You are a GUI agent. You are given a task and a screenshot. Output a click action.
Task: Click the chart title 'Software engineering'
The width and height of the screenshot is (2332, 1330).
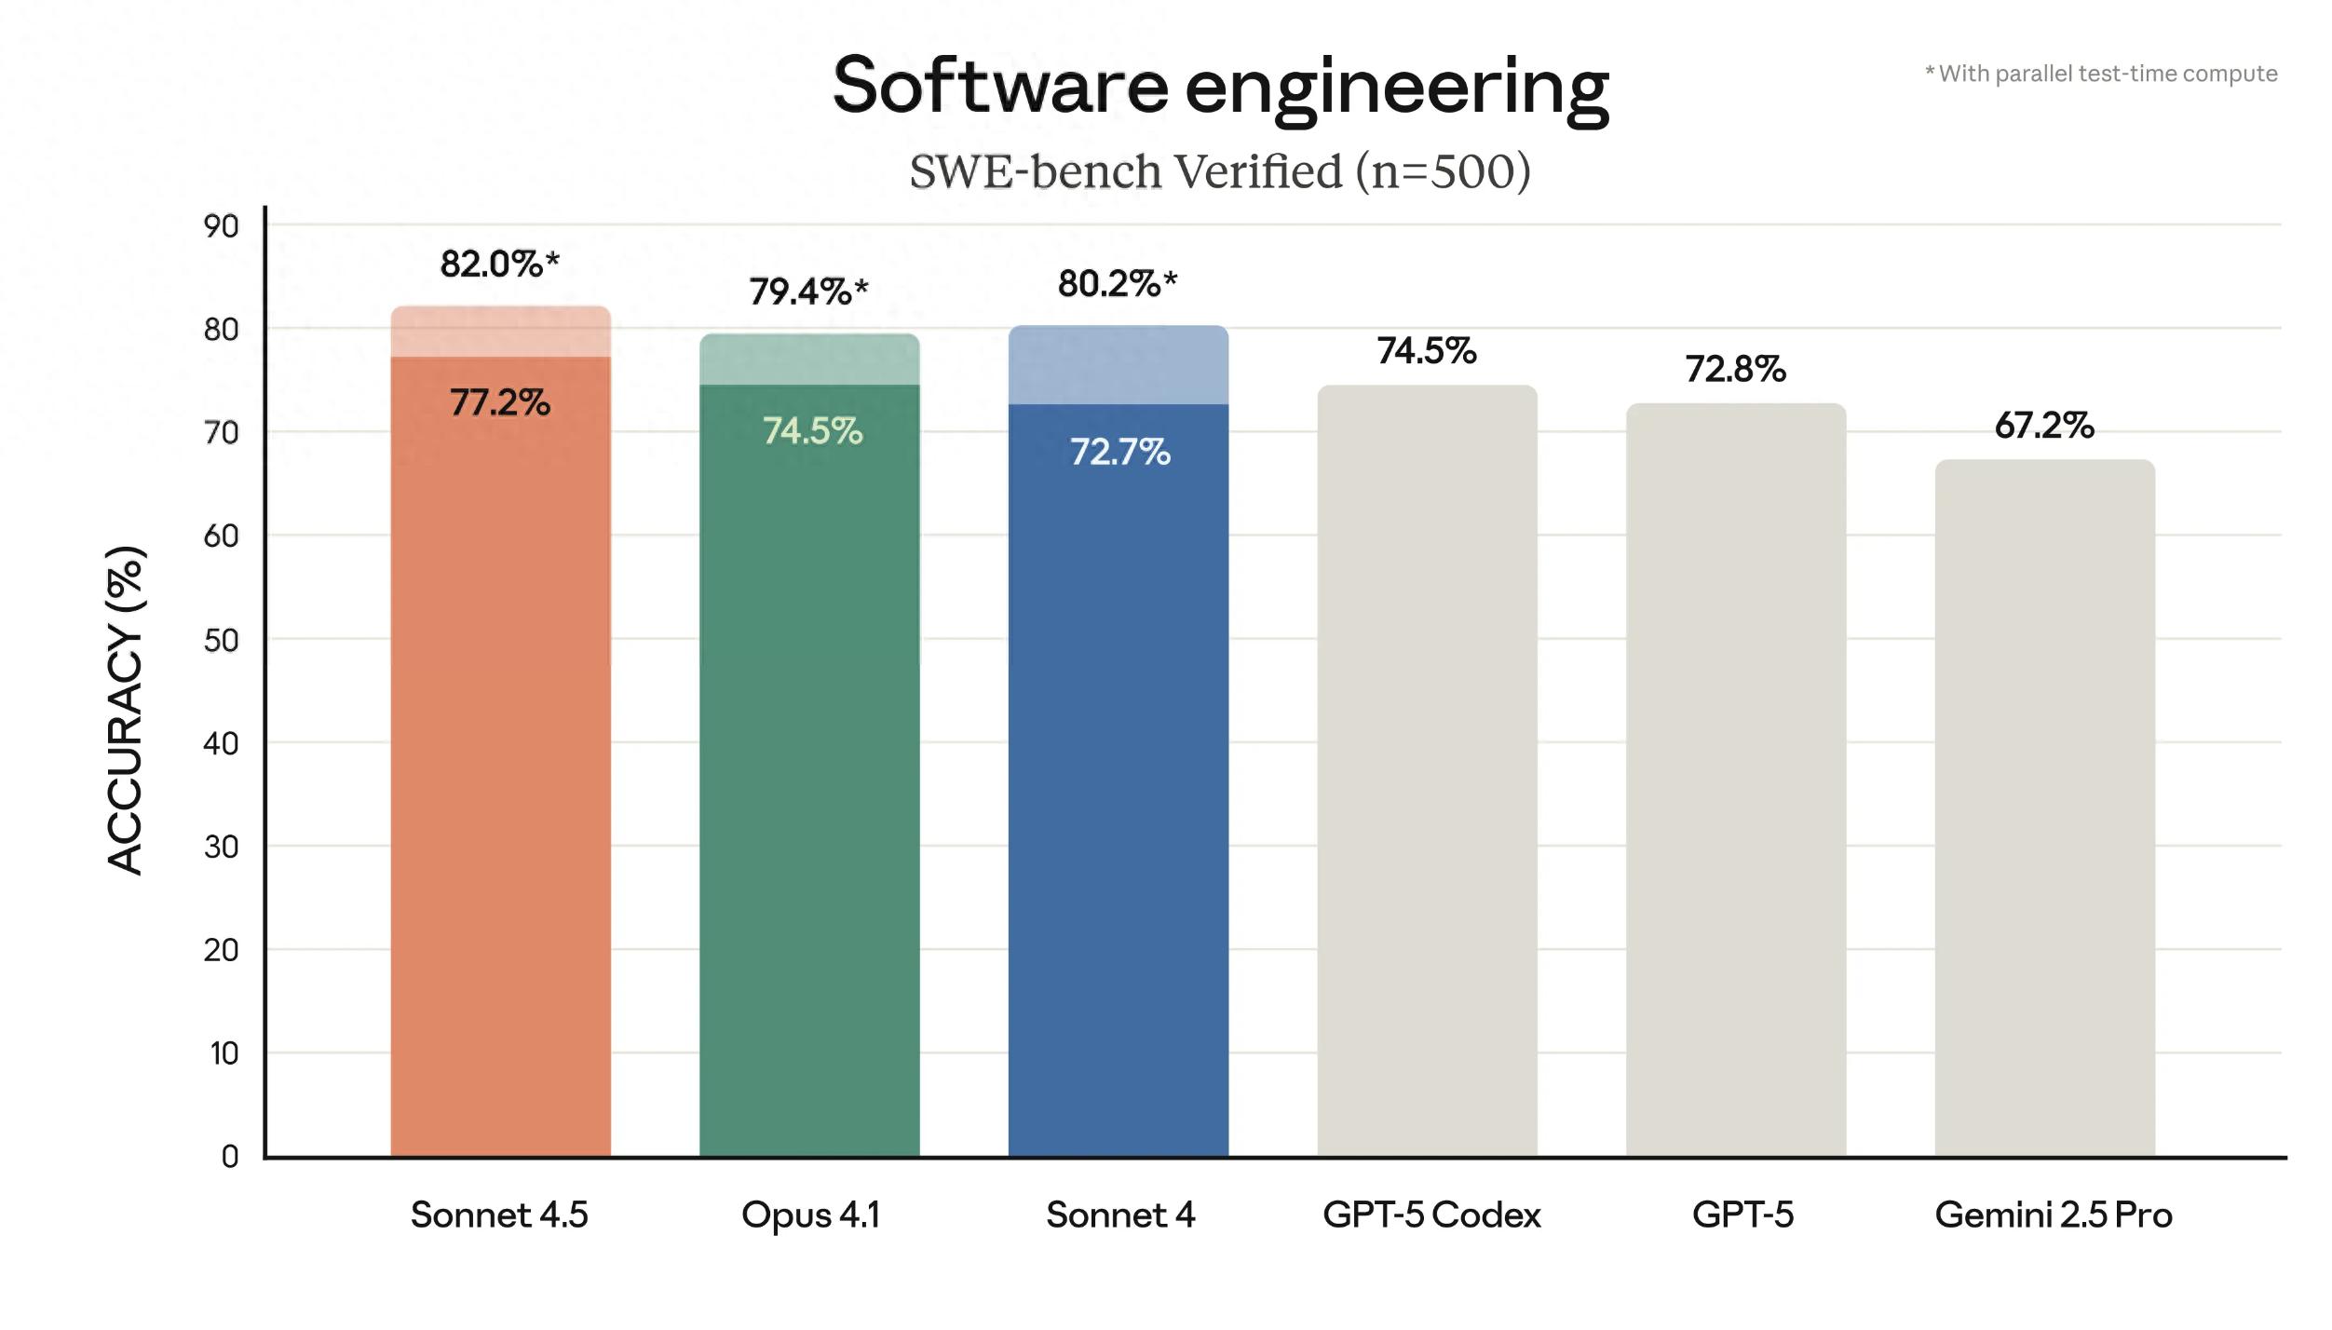pos(1220,87)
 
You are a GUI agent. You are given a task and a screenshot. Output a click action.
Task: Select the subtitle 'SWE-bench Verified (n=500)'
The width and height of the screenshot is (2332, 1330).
pos(1220,171)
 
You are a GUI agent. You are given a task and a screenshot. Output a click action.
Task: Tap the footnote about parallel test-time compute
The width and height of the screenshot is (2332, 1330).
pos(2101,74)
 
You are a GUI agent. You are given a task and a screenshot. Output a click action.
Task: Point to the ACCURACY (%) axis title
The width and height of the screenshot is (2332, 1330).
pos(126,710)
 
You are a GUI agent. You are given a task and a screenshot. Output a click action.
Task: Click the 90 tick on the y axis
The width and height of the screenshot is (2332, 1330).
pos(222,226)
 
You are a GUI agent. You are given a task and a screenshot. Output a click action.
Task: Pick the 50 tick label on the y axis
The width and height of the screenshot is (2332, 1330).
pos(222,641)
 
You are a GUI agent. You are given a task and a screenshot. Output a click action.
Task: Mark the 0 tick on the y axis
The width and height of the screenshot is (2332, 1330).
pos(230,1157)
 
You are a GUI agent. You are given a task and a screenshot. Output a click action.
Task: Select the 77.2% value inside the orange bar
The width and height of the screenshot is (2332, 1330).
pos(500,403)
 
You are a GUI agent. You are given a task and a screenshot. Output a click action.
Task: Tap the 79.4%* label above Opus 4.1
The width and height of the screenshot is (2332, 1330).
pos(808,292)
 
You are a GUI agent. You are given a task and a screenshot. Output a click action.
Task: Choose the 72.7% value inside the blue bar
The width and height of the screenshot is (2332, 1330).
pos(1119,453)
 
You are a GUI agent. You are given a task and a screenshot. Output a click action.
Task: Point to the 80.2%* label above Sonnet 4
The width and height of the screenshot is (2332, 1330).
pos(1118,284)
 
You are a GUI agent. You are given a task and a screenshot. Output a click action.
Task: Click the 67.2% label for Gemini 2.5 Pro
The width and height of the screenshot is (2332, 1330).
pos(2044,427)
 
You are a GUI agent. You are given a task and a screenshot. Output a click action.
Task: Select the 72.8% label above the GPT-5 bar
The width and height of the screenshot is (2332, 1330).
pos(1735,370)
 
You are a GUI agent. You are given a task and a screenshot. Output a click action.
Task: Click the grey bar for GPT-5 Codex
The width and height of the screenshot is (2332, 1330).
pos(1427,773)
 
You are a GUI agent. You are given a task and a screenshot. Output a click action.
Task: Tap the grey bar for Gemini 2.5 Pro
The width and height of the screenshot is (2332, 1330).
pos(2044,810)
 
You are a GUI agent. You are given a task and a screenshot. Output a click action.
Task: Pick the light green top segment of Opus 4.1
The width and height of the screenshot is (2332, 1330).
pos(809,360)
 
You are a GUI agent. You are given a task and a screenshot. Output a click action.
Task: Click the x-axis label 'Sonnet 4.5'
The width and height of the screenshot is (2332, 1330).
pos(499,1215)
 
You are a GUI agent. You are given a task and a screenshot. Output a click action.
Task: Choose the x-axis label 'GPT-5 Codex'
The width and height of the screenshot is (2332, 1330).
pos(1431,1215)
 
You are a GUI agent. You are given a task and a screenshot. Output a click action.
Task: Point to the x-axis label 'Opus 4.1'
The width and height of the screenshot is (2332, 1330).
pos(810,1215)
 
